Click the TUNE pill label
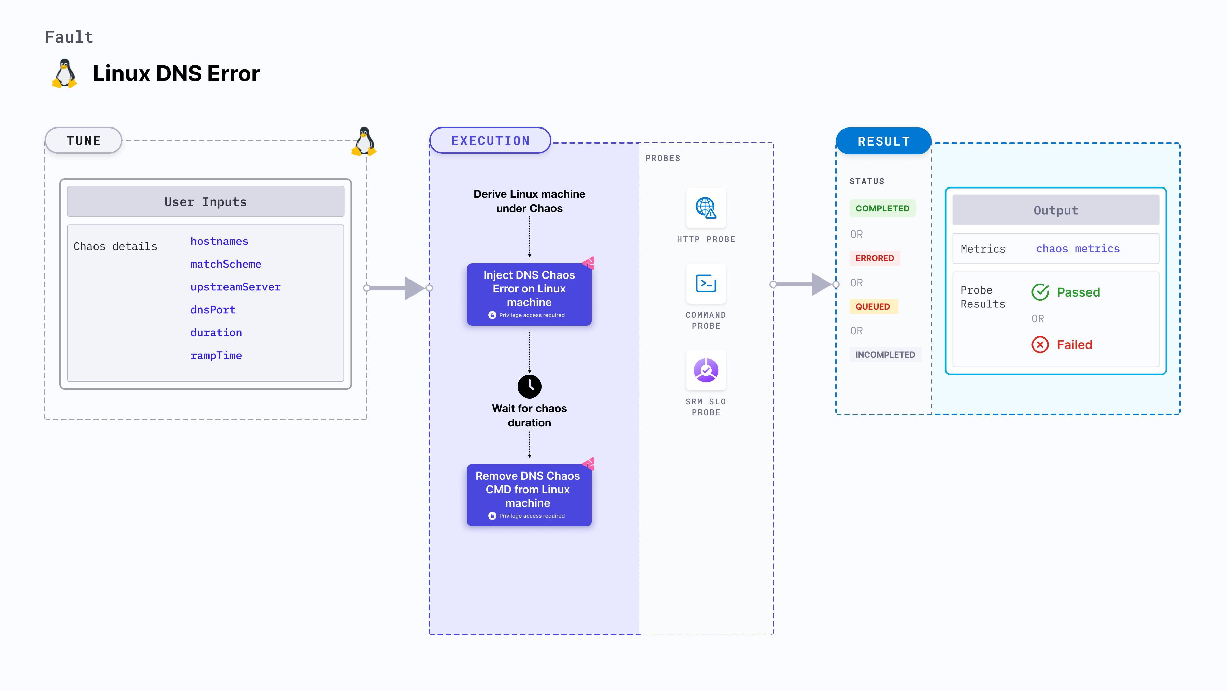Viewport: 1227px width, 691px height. coord(84,140)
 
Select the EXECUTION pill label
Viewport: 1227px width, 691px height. coord(490,141)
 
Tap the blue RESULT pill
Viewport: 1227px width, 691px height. coord(884,141)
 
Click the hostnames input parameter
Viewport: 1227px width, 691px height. coord(219,241)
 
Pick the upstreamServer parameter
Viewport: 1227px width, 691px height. coord(235,287)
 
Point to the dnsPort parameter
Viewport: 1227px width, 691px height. coord(213,310)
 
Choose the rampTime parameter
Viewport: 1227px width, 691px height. coord(216,356)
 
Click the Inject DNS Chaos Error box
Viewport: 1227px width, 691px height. coord(529,294)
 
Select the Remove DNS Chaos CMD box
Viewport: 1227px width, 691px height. coord(529,494)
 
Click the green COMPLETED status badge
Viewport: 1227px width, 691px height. coord(882,208)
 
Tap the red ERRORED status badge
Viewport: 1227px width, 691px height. coord(875,258)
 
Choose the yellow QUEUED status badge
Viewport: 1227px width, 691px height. coord(872,306)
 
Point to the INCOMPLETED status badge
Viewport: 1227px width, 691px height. coord(885,355)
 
